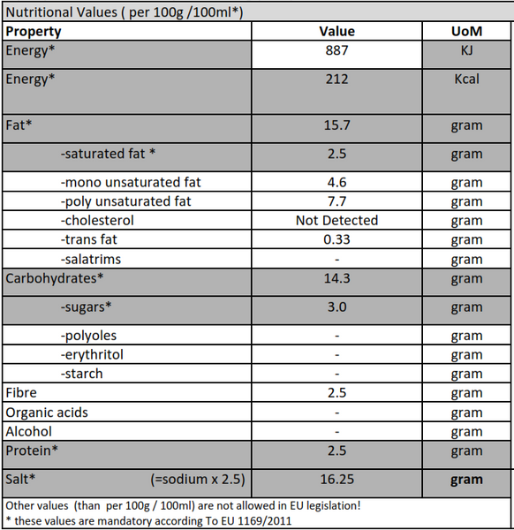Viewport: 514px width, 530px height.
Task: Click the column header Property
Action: click(34, 32)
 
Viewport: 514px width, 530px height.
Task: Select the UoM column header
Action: click(466, 32)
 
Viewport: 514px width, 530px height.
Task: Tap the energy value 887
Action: click(336, 50)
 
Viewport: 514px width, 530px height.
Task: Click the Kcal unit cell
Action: click(466, 79)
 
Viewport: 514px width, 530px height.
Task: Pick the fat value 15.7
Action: click(336, 125)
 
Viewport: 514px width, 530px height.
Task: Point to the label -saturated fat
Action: click(108, 154)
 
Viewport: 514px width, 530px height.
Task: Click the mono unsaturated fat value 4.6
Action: click(336, 183)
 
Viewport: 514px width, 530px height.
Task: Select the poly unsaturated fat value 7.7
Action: click(336, 201)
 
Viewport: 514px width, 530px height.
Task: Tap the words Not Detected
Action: click(336, 220)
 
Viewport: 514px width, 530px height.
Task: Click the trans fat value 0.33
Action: click(336, 239)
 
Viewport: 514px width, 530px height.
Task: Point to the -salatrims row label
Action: click(91, 259)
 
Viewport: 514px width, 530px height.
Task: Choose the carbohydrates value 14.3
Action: click(336, 278)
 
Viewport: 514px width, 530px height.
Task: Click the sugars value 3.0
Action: click(336, 307)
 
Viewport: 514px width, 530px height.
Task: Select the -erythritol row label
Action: click(92, 355)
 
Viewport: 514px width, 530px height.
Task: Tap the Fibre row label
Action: click(21, 393)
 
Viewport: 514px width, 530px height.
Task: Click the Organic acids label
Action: click(47, 413)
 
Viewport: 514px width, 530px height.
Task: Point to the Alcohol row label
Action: click(29, 432)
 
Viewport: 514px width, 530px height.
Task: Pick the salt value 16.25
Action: click(336, 480)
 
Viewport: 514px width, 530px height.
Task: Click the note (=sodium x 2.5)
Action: click(198, 480)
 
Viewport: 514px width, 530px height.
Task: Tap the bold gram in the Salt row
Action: click(466, 481)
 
